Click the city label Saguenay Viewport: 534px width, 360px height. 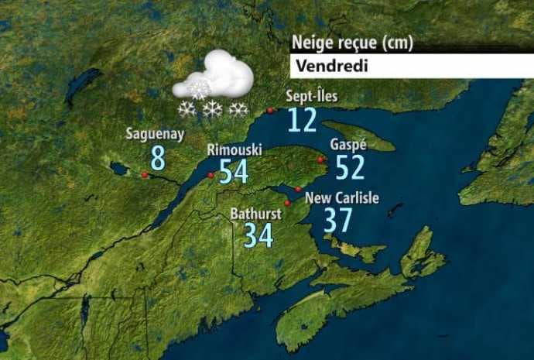click(x=156, y=135)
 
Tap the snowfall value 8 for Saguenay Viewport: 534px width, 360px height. click(x=158, y=158)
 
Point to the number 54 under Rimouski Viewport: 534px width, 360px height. click(x=234, y=171)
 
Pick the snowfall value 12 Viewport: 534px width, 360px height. click(x=302, y=121)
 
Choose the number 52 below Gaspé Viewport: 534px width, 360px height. click(x=350, y=167)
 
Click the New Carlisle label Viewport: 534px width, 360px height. click(x=342, y=198)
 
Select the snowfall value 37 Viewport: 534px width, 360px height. click(x=338, y=221)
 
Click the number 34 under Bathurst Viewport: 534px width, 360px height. click(x=259, y=235)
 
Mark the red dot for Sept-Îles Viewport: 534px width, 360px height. click(x=269, y=111)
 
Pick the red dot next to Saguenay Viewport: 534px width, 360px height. click(x=145, y=175)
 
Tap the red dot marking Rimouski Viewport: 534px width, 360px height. click(x=211, y=176)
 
